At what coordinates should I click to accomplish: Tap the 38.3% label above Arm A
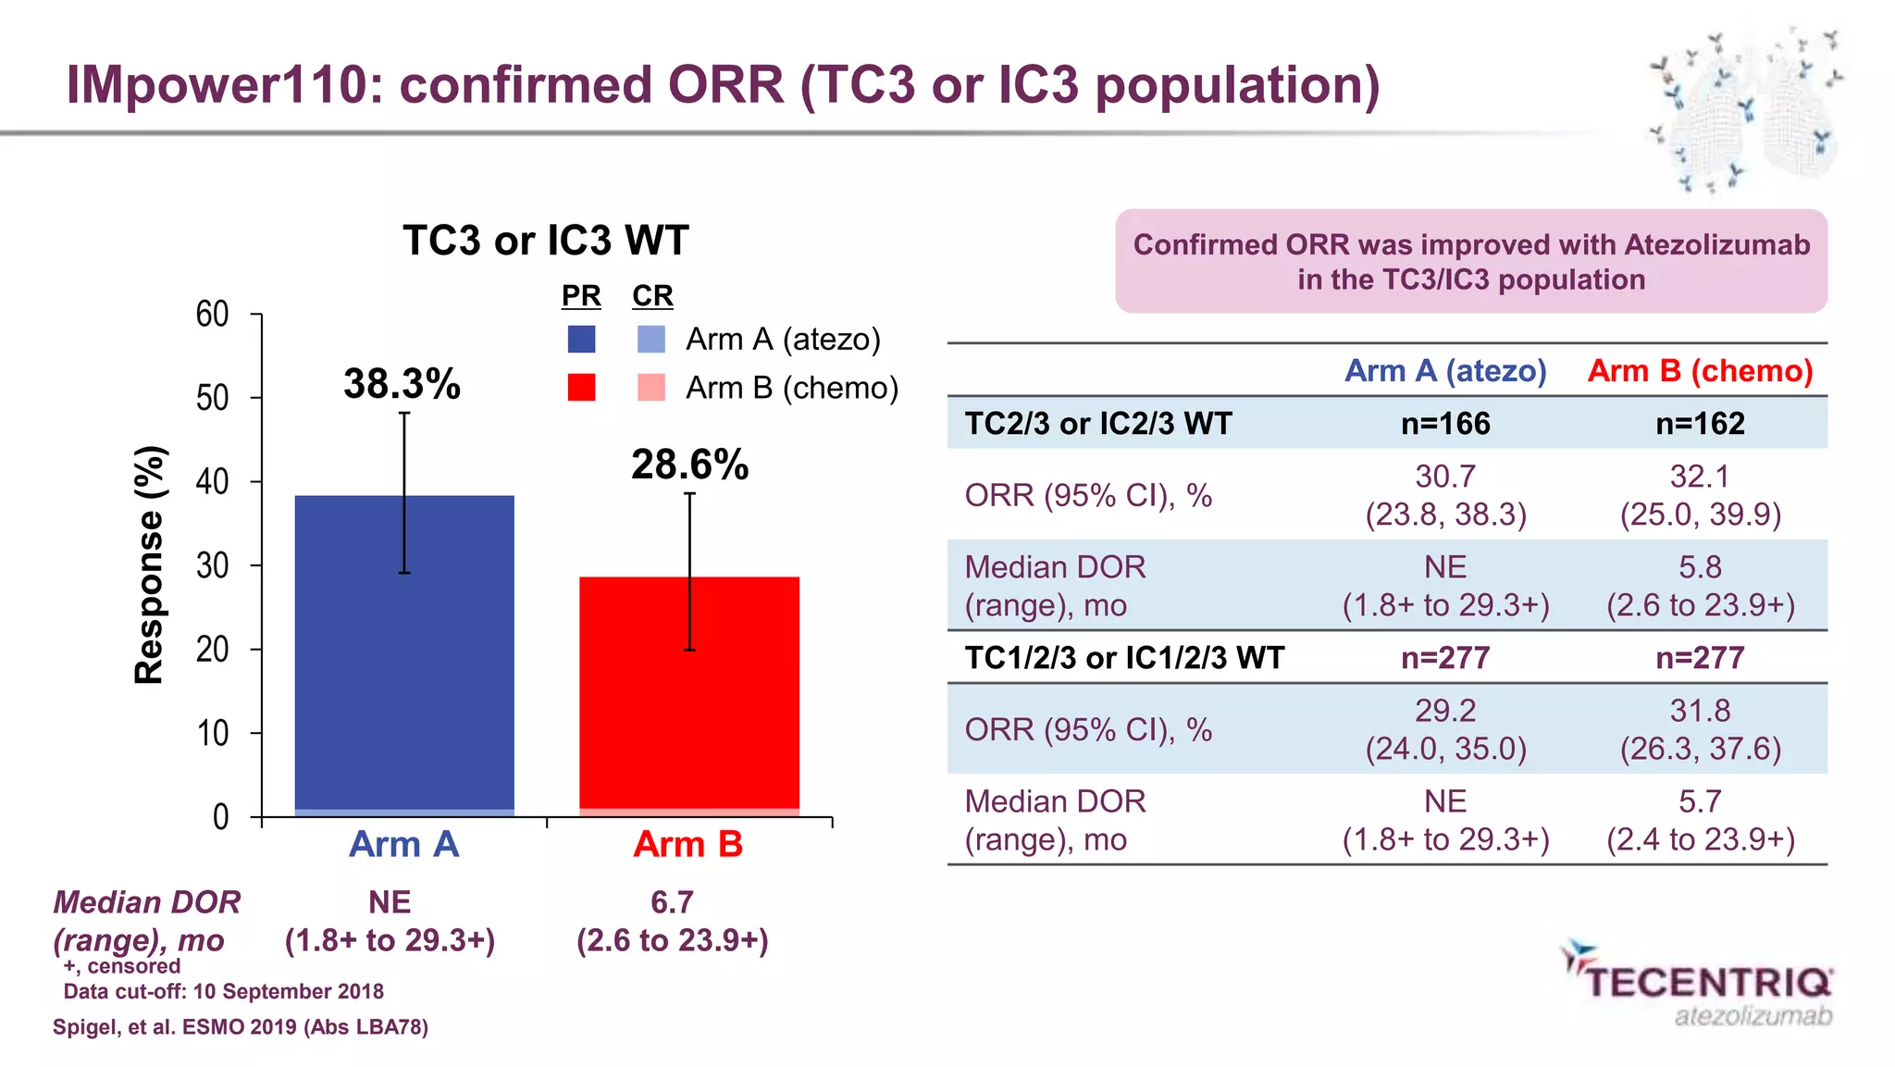click(x=402, y=384)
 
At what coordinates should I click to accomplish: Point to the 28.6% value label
click(x=689, y=465)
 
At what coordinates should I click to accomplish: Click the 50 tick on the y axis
click(x=213, y=398)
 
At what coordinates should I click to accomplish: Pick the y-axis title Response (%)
click(x=149, y=565)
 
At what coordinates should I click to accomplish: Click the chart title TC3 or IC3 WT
click(x=546, y=241)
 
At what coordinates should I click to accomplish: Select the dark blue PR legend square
click(x=581, y=340)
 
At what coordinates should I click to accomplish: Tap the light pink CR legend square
click(x=651, y=388)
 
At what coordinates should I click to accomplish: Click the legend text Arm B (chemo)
click(x=792, y=388)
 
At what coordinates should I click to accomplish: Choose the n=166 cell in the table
click(x=1445, y=424)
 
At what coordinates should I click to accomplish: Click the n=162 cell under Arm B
click(x=1700, y=424)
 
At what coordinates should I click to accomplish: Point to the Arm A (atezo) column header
click(x=1445, y=371)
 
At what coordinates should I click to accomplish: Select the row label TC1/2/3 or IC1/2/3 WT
click(x=1124, y=658)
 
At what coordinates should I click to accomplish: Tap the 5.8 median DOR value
click(x=1700, y=567)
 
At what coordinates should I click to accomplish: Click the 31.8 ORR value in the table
click(x=1700, y=711)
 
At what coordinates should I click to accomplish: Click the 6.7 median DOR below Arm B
click(x=672, y=902)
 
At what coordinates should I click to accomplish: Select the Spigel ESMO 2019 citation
click(x=241, y=1027)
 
